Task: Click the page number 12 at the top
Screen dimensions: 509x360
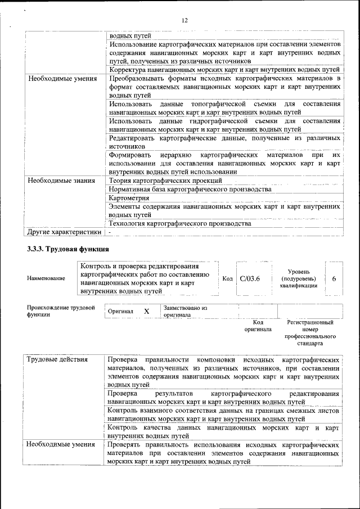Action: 184,21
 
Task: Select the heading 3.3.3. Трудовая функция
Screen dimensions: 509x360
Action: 68,249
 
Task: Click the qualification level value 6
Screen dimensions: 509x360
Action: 334,278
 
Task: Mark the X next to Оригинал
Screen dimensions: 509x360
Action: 146,311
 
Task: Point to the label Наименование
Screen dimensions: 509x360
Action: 46,278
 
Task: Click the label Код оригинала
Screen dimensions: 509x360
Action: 258,326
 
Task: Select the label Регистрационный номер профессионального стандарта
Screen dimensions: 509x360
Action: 310,332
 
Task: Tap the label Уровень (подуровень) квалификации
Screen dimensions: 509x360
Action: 298,278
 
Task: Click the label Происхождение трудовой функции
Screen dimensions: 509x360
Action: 61,312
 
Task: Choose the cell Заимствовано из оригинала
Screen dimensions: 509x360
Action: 185,312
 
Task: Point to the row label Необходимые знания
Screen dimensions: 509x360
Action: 62,181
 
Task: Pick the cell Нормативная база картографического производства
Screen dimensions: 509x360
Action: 190,190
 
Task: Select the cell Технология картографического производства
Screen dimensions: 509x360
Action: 179,223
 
